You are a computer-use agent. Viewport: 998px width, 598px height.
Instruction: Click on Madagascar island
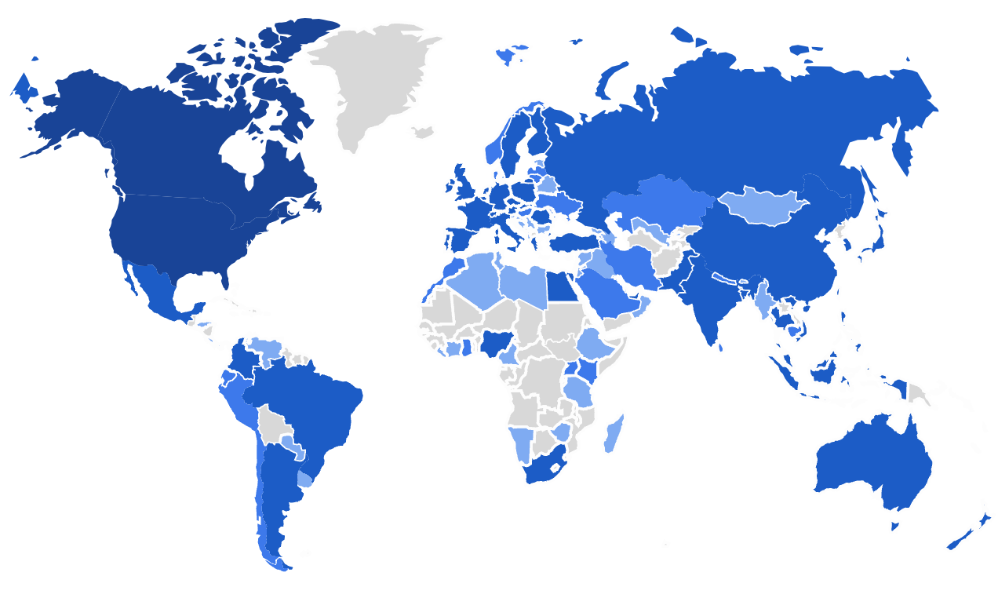coord(614,436)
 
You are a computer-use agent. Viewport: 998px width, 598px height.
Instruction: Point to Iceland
coord(424,132)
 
